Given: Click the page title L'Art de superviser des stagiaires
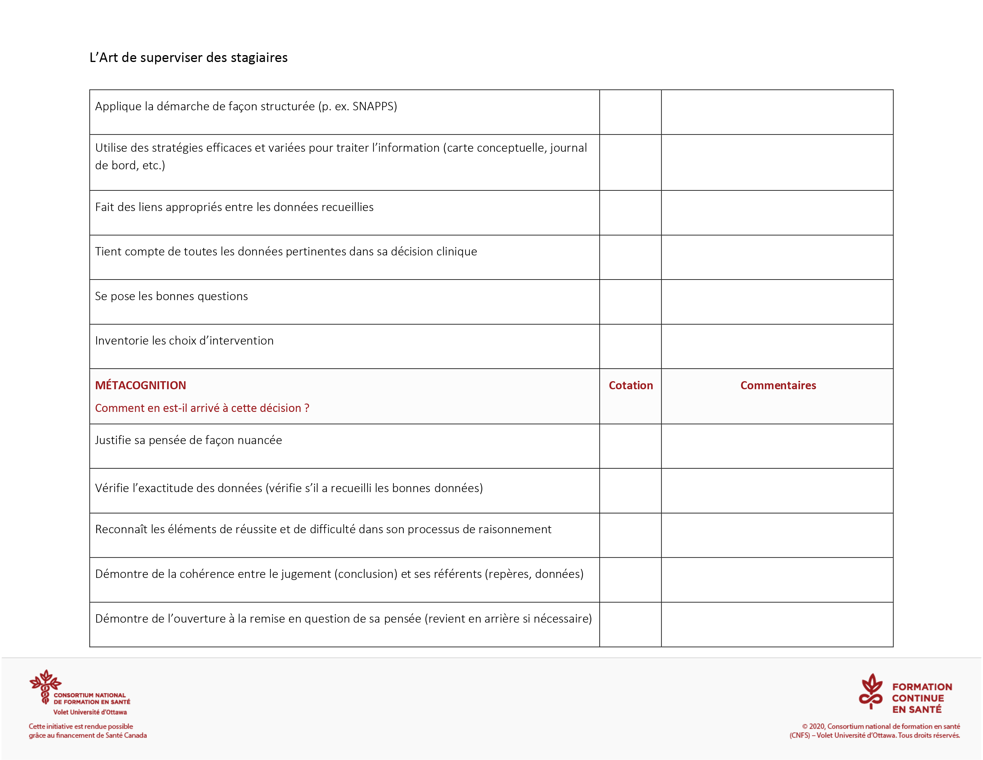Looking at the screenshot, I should [x=188, y=58].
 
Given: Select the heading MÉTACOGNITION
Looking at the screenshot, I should [x=140, y=385].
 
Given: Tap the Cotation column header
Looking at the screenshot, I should [x=631, y=385].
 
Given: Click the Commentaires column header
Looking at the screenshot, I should [x=778, y=385].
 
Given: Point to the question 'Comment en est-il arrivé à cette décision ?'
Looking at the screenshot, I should [x=202, y=408].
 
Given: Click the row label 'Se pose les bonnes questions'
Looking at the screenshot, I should [x=172, y=296].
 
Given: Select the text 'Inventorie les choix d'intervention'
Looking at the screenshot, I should [x=184, y=341].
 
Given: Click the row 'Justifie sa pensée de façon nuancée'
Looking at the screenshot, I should [x=189, y=440].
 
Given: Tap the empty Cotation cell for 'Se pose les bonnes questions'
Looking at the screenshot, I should [x=630, y=302].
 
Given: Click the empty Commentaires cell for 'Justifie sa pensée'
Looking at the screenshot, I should [x=777, y=446].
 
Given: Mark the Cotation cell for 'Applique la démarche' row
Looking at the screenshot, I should [x=630, y=112].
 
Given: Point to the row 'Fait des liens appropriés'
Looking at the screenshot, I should [x=234, y=207].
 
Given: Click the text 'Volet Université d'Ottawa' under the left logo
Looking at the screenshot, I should [x=90, y=712].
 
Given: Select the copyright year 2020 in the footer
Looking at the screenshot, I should [x=817, y=726].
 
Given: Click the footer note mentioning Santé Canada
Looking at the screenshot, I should [x=88, y=731].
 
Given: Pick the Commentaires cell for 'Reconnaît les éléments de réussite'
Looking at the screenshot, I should [x=777, y=535].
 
